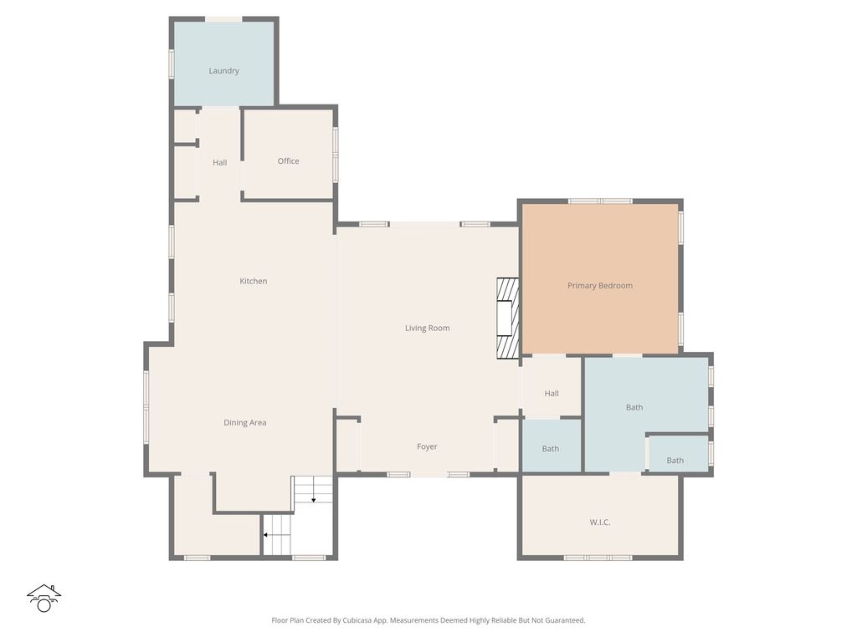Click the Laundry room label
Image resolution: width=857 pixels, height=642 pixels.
(x=223, y=71)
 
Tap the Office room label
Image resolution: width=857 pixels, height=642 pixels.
(x=288, y=161)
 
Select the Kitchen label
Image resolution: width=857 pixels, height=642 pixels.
(x=253, y=282)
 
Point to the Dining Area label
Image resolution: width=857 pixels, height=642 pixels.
(x=244, y=423)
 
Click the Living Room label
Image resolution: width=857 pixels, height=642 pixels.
(x=427, y=329)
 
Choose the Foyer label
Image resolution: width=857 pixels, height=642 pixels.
(x=427, y=447)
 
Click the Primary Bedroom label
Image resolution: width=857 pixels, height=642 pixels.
(x=599, y=286)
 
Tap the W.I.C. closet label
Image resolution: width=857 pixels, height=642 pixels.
(x=599, y=522)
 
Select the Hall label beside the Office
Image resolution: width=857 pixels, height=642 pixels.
(x=219, y=163)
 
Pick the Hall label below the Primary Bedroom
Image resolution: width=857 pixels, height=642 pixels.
(x=551, y=394)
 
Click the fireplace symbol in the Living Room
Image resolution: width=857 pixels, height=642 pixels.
(x=507, y=318)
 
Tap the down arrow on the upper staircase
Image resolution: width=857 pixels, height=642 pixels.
(x=313, y=499)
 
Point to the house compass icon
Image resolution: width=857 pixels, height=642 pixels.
(x=44, y=598)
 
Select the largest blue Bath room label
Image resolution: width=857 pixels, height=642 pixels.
(x=634, y=408)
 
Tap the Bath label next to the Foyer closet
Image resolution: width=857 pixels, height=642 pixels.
(x=550, y=449)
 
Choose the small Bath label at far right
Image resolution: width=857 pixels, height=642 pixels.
(x=675, y=461)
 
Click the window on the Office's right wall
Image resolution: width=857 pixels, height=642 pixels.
(x=336, y=155)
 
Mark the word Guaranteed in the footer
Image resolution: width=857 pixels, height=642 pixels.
(x=564, y=620)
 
